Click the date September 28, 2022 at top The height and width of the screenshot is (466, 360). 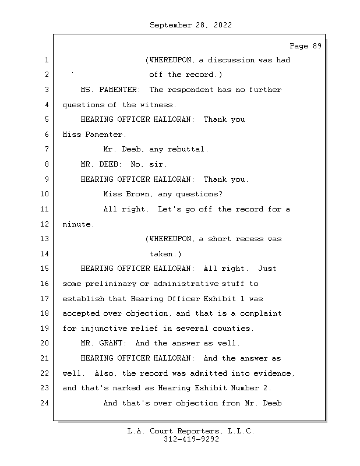pyautogui.click(x=190, y=25)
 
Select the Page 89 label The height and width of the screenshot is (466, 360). pyautogui.click(x=306, y=46)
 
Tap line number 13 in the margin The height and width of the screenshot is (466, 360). pyautogui.click(x=44, y=239)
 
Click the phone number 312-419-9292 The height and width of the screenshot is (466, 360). pyautogui.click(x=191, y=439)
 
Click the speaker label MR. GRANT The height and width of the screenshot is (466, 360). pyautogui.click(x=104, y=343)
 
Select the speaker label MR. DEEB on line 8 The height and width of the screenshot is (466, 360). pyautogui.click(x=101, y=164)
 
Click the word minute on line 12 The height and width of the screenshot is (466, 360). pyautogui.click(x=77, y=224)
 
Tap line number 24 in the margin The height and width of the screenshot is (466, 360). pyautogui.click(x=44, y=403)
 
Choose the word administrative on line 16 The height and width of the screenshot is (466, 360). pyautogui.click(x=186, y=284)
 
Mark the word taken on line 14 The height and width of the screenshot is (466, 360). pyautogui.click(x=163, y=254)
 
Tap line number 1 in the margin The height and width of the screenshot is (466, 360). pyautogui.click(x=47, y=60)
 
